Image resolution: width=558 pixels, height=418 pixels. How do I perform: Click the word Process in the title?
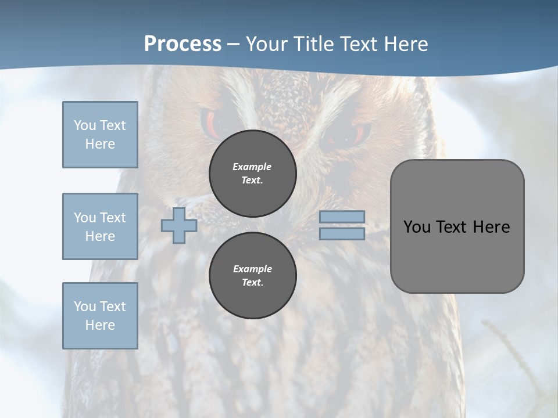pos(183,44)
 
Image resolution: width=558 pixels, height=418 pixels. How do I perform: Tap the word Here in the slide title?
pos(405,44)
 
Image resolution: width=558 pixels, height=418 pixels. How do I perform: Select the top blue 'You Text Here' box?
pos(100,135)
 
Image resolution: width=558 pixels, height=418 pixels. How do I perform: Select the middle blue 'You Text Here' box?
pos(100,226)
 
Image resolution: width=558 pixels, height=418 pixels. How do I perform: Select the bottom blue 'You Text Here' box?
pos(100,316)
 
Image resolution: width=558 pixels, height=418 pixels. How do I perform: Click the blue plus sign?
pos(179,225)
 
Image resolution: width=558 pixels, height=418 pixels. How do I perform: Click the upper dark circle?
pos(253,174)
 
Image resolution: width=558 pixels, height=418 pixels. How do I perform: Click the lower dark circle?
pos(253,276)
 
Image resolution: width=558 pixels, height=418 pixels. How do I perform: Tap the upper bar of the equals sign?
pos(342,217)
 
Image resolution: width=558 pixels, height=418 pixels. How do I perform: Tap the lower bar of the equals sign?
pos(342,234)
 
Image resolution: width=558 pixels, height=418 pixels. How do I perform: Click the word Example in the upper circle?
pos(252,167)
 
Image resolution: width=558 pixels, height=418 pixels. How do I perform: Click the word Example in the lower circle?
pos(252,269)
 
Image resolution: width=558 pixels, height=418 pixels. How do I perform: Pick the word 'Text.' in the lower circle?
pos(252,283)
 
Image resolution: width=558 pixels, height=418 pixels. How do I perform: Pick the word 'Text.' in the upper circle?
pos(252,181)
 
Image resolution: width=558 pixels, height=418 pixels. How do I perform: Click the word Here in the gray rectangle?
pos(491,227)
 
